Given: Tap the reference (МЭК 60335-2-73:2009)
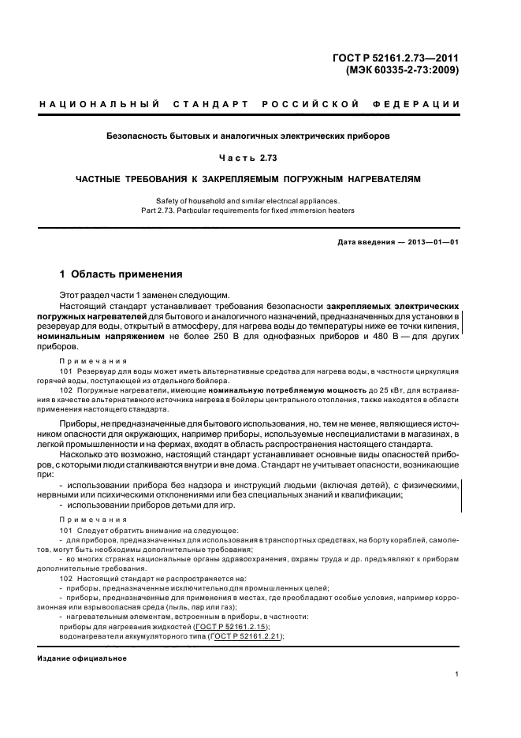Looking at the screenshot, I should point(402,69).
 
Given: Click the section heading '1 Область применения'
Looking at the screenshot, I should point(121,275).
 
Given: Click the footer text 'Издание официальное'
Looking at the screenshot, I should point(83,658).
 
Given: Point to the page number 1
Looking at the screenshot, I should point(457,674).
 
